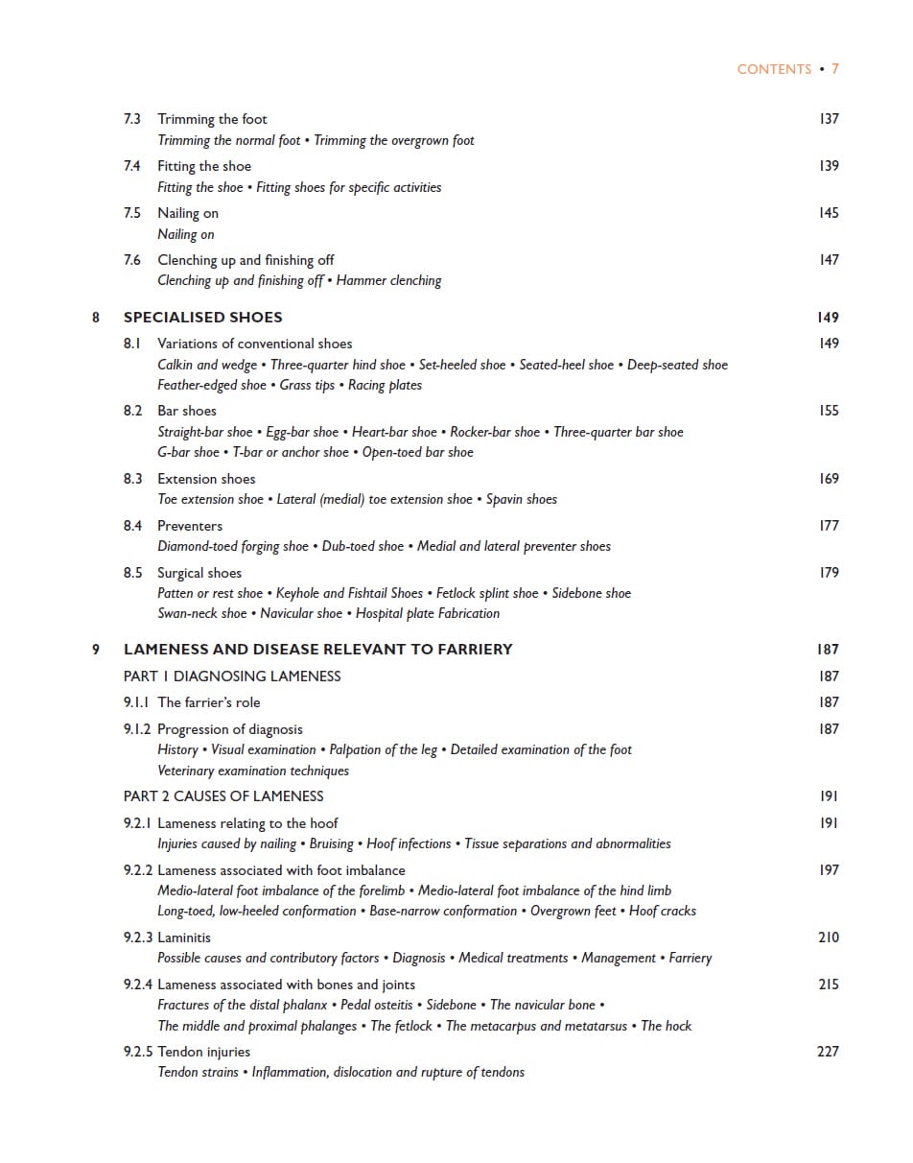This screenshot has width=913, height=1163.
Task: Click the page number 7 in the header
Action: point(835,69)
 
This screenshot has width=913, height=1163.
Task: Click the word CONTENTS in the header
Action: point(774,69)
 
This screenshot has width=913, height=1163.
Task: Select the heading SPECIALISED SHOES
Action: point(202,318)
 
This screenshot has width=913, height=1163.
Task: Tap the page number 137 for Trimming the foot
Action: point(829,119)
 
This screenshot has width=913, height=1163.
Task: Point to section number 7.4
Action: point(132,166)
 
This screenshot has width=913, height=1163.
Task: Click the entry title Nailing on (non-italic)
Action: point(188,213)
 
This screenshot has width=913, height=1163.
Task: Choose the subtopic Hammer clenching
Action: point(388,281)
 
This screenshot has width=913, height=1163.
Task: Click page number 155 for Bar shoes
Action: point(829,411)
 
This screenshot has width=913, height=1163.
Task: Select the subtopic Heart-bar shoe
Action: point(394,432)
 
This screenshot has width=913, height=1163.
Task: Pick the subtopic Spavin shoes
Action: point(522,500)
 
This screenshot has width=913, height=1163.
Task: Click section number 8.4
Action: point(132,526)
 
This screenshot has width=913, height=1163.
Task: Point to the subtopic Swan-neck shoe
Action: point(201,614)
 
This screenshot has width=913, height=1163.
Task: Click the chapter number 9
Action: point(96,650)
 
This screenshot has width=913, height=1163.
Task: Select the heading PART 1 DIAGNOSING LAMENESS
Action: point(232,676)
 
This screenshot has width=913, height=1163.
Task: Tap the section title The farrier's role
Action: point(209,702)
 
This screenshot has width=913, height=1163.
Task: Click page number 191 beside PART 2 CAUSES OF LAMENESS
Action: point(829,796)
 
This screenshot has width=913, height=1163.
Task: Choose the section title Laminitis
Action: point(184,938)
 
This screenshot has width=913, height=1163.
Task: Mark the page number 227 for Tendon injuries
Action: point(828,1052)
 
